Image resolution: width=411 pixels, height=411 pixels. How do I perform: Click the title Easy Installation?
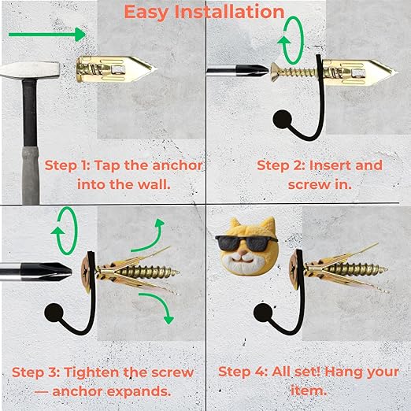point(204,12)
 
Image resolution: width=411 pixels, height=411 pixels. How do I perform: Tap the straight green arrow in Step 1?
point(47,35)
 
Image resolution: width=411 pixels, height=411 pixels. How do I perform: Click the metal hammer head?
point(29,70)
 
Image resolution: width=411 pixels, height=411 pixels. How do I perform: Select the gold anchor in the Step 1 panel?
point(117,69)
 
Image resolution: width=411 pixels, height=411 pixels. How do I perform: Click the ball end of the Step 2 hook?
point(282,120)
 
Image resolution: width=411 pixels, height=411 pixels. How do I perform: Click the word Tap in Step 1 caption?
point(106,166)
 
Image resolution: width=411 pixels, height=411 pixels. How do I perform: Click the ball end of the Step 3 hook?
point(54,313)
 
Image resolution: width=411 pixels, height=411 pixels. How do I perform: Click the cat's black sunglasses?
point(246,243)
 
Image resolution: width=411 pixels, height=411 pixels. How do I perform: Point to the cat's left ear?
point(235,223)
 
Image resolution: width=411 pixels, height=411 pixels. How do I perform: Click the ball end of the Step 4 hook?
point(263,313)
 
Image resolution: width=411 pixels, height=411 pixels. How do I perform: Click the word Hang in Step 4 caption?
point(340,372)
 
